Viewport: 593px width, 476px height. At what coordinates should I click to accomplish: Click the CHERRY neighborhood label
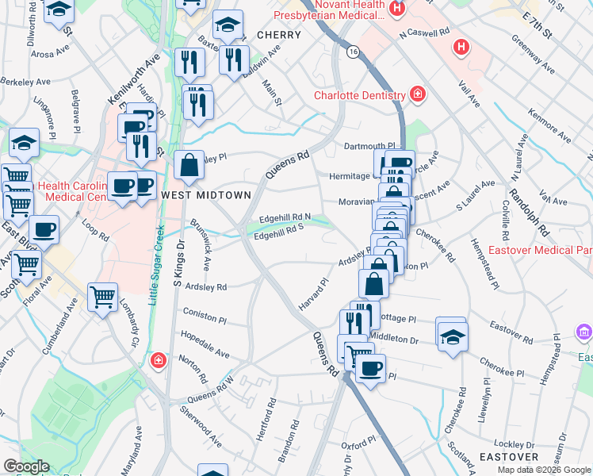[x=278, y=35]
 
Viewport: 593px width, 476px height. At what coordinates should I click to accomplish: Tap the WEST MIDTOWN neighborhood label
[x=206, y=194]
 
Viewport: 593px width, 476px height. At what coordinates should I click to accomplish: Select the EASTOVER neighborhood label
[x=509, y=457]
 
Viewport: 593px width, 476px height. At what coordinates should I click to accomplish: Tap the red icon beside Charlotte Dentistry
[x=416, y=96]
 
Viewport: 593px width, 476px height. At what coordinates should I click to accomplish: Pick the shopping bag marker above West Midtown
[x=189, y=166]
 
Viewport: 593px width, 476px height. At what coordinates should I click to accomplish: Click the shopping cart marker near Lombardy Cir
[x=103, y=297]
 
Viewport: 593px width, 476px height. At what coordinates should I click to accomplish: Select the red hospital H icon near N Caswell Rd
[x=460, y=48]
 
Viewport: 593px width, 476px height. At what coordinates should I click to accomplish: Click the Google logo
[x=26, y=466]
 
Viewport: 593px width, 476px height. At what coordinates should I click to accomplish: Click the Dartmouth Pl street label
[x=369, y=146]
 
